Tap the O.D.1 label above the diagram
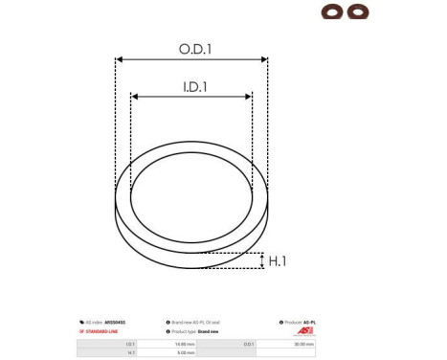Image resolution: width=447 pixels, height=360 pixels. [192, 48]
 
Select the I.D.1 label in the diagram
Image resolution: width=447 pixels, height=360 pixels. [191, 86]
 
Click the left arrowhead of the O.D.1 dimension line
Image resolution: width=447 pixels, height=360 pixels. [119, 59]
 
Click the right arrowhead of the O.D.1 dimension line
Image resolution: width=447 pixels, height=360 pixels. [265, 59]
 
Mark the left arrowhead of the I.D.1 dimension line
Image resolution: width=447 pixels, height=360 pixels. [134, 96]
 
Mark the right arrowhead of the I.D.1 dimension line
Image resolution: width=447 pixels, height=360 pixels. [250, 96]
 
